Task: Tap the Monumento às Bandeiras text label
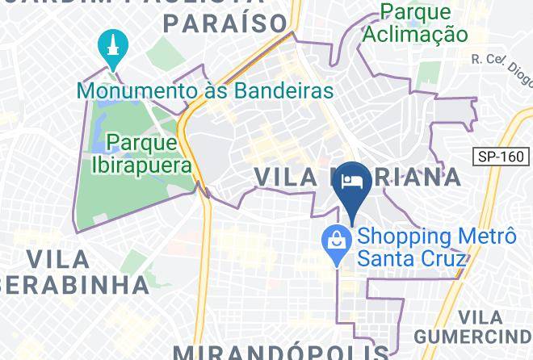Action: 205,90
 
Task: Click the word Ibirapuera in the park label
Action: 141,165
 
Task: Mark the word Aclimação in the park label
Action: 415,34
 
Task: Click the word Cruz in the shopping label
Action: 449,258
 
